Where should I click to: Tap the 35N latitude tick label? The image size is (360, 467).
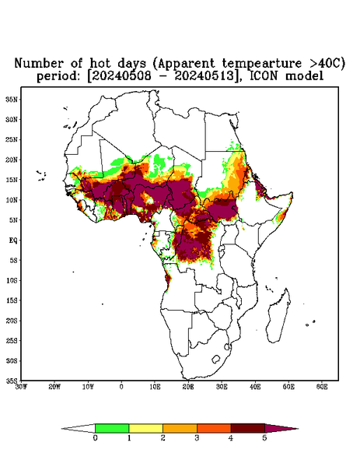click(x=12, y=99)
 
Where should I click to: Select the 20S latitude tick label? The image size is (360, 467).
click(x=12, y=321)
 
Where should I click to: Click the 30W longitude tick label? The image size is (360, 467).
click(x=21, y=387)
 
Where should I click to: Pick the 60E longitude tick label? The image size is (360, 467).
click(x=322, y=387)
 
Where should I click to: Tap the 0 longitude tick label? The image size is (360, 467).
click(x=121, y=387)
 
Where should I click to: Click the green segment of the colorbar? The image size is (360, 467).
click(x=112, y=428)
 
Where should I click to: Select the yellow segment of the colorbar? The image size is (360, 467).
click(x=145, y=428)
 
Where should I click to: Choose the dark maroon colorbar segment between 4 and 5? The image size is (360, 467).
click(x=248, y=428)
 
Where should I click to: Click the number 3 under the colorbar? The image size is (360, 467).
click(x=197, y=438)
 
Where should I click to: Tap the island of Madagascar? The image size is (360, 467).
click(x=279, y=316)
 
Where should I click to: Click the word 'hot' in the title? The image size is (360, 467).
click(x=100, y=63)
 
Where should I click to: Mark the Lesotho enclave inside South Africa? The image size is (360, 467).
click(x=215, y=359)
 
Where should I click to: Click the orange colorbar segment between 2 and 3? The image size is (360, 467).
click(x=180, y=428)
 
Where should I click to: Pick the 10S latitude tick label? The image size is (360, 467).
click(x=12, y=280)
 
